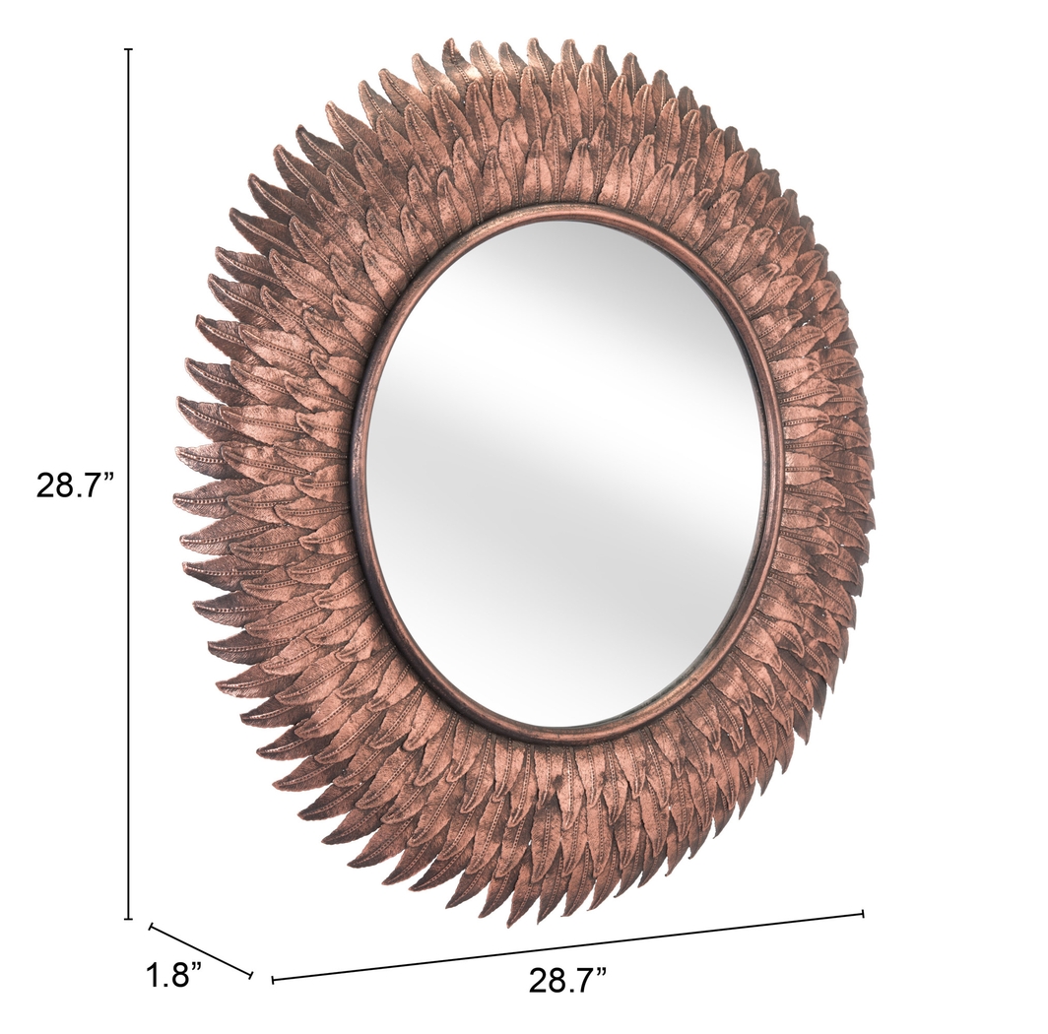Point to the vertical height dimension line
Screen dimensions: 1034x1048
[128, 483]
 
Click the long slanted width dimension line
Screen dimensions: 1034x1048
[568, 946]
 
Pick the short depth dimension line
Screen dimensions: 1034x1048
[201, 950]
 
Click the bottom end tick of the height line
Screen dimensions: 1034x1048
[128, 918]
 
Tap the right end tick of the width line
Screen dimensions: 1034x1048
[863, 914]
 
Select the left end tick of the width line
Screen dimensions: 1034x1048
[273, 979]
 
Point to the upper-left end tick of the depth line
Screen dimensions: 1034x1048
[151, 926]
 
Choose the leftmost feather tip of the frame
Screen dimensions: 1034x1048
[174, 501]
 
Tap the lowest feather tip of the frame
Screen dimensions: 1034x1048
[513, 925]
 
